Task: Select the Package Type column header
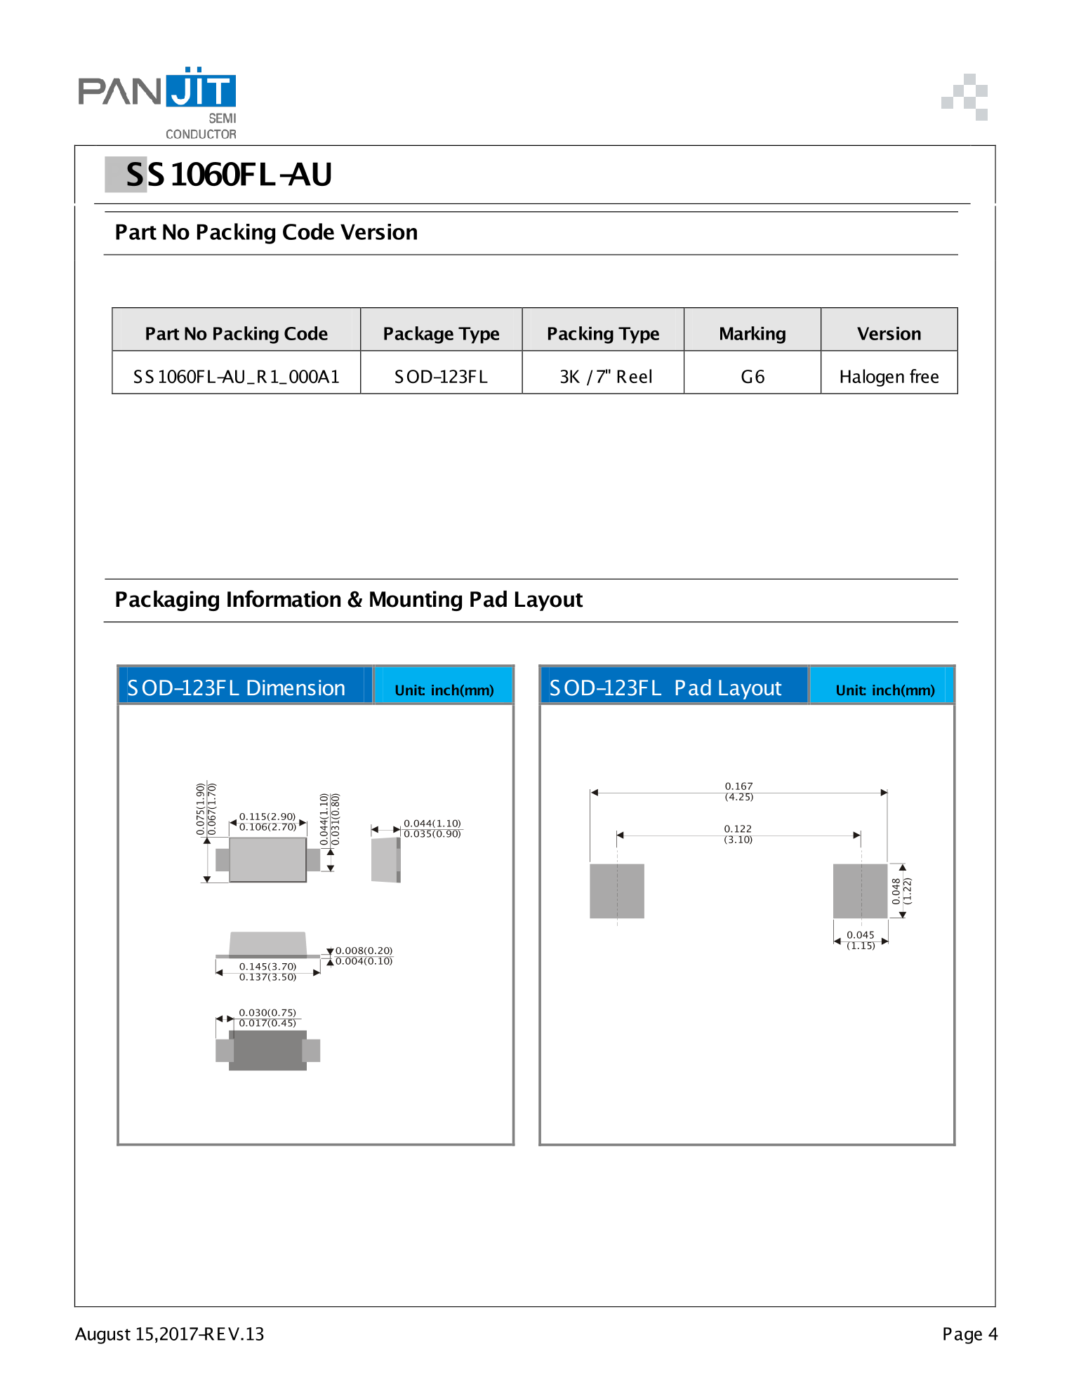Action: coord(441,334)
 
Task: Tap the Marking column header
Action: coord(752,334)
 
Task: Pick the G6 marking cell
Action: coord(753,377)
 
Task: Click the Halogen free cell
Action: coord(889,377)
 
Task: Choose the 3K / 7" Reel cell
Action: coord(605,377)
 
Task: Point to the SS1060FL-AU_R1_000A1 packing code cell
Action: coord(237,377)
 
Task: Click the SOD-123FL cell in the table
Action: coord(441,377)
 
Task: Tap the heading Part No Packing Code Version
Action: coord(266,232)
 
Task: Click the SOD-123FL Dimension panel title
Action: coord(237,687)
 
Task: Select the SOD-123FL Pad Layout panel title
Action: coord(665,687)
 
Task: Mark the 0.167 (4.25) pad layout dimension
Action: coord(738,791)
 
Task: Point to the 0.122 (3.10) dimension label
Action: coord(738,834)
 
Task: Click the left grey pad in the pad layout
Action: coord(616,891)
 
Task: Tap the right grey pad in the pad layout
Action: coord(860,891)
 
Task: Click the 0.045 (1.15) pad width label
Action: coord(861,940)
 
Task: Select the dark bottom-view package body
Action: coord(267,1050)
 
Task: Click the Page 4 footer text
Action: coord(969,1334)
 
